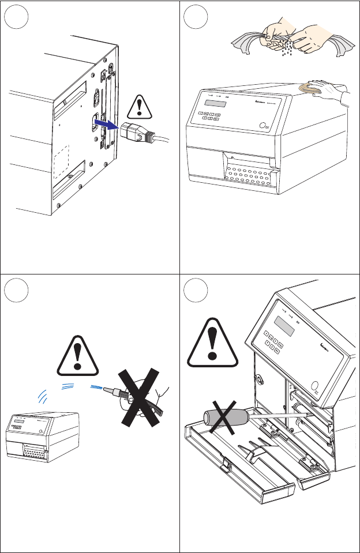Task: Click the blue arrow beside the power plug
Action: pyautogui.click(x=107, y=123)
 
